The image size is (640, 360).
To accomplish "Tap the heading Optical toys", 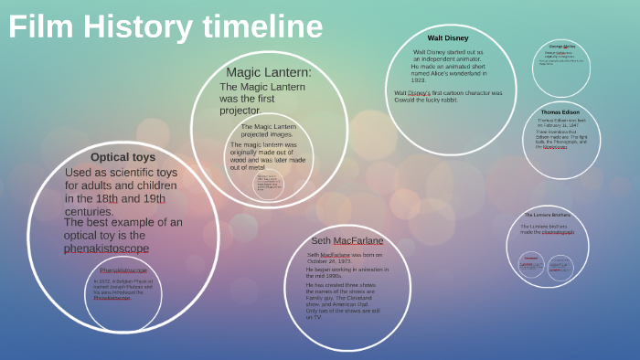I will click(x=123, y=157).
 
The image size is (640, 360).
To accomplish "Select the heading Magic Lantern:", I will click(x=269, y=72).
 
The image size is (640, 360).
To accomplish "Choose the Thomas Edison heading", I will click(x=560, y=112).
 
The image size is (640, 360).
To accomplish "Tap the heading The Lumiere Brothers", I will click(x=548, y=215).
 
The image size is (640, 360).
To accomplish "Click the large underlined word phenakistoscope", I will click(x=106, y=249).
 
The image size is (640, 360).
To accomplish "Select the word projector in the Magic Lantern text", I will click(x=240, y=111).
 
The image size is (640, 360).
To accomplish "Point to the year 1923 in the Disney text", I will click(x=419, y=80).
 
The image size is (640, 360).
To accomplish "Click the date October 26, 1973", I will click(x=329, y=260).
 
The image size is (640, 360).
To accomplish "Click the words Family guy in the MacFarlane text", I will click(x=321, y=299).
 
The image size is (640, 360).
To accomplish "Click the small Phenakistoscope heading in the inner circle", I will click(x=123, y=270).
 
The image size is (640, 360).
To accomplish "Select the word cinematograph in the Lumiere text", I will click(x=558, y=232).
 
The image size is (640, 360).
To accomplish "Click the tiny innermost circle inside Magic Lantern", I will click(x=268, y=185).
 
